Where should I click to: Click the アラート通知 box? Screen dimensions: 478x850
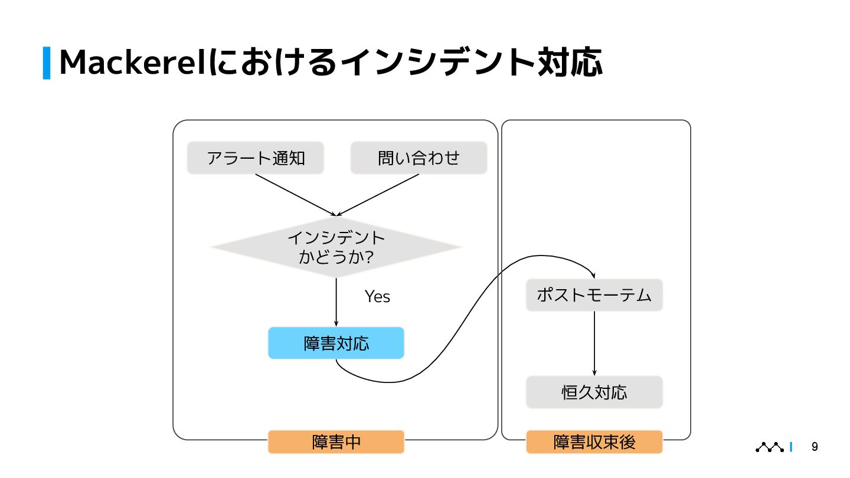(255, 158)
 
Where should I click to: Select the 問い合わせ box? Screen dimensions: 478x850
(419, 158)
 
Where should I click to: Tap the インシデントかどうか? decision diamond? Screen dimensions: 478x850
(336, 247)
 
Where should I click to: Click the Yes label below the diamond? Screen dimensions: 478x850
(377, 296)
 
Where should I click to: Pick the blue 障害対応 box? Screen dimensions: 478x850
(336, 343)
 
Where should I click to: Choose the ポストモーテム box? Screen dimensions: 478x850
(594, 295)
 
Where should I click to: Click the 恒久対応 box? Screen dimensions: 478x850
(594, 392)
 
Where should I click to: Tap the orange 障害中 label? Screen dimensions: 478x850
(336, 442)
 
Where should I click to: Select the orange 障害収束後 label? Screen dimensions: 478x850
(594, 442)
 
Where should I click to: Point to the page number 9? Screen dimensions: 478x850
(815, 447)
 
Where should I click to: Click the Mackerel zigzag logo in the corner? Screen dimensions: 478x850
(770, 447)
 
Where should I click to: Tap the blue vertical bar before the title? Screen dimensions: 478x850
(47, 63)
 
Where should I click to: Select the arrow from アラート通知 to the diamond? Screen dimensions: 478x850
(295, 195)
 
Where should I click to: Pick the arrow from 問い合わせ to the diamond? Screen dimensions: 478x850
(378, 195)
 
